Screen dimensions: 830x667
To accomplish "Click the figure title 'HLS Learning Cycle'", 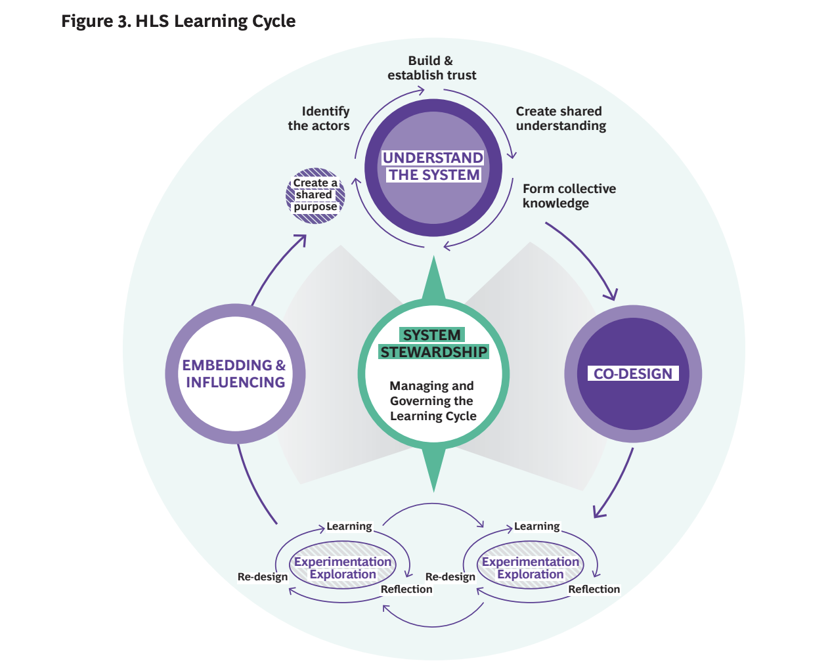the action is tap(215, 21).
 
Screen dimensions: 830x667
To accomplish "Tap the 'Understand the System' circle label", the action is tap(433, 166).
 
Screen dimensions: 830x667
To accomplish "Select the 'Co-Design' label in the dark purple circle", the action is tap(632, 374).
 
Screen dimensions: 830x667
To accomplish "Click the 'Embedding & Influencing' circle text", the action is tap(234, 374).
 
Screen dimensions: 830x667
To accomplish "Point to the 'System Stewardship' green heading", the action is tap(433, 343).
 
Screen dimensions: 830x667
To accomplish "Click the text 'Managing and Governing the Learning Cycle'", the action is tap(433, 400).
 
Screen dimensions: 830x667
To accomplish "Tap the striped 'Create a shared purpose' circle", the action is tap(315, 196).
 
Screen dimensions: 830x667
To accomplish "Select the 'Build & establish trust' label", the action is tap(431, 68).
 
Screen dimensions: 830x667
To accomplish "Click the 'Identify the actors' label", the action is tap(319, 118).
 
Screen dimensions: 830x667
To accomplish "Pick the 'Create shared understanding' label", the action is tap(561, 118).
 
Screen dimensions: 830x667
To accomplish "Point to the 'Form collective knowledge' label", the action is tap(569, 196).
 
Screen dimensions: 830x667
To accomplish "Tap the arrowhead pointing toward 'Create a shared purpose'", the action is tap(301, 240).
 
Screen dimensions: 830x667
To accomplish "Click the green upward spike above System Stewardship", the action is tap(433, 278).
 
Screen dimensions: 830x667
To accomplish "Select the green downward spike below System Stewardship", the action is tap(433, 469).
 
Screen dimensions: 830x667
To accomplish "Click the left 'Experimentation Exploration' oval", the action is tap(343, 565).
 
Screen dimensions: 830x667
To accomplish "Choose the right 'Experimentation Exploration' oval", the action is tap(531, 565).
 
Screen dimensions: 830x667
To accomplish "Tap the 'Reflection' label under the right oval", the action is tap(594, 589).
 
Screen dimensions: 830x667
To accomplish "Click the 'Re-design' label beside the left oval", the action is tap(262, 577).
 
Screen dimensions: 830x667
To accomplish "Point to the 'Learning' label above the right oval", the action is tap(536, 527).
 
